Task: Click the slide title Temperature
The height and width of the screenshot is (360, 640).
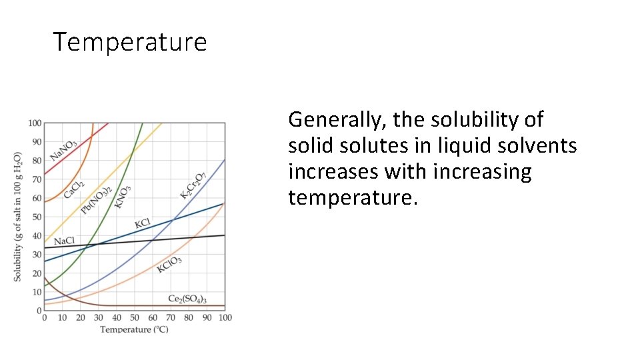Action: tap(130, 42)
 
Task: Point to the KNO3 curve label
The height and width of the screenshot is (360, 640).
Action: tap(123, 197)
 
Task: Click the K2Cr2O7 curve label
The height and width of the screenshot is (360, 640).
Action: tap(193, 185)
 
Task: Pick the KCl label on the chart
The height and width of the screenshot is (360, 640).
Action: tap(143, 223)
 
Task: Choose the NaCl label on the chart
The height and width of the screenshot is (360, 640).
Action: tap(65, 241)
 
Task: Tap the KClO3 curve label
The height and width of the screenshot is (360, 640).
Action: tap(169, 264)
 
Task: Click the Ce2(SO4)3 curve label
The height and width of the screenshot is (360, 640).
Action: tap(187, 299)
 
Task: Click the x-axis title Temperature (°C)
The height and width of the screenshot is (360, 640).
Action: tap(134, 329)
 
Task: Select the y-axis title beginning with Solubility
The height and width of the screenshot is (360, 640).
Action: tap(18, 217)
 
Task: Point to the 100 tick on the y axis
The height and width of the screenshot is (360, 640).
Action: tap(35, 123)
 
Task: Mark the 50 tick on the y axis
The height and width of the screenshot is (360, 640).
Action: tap(37, 217)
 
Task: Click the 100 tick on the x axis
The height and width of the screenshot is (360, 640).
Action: tap(225, 317)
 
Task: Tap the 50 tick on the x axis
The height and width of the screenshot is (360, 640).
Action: tap(135, 317)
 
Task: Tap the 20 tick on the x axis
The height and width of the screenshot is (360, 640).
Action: tap(80, 317)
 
